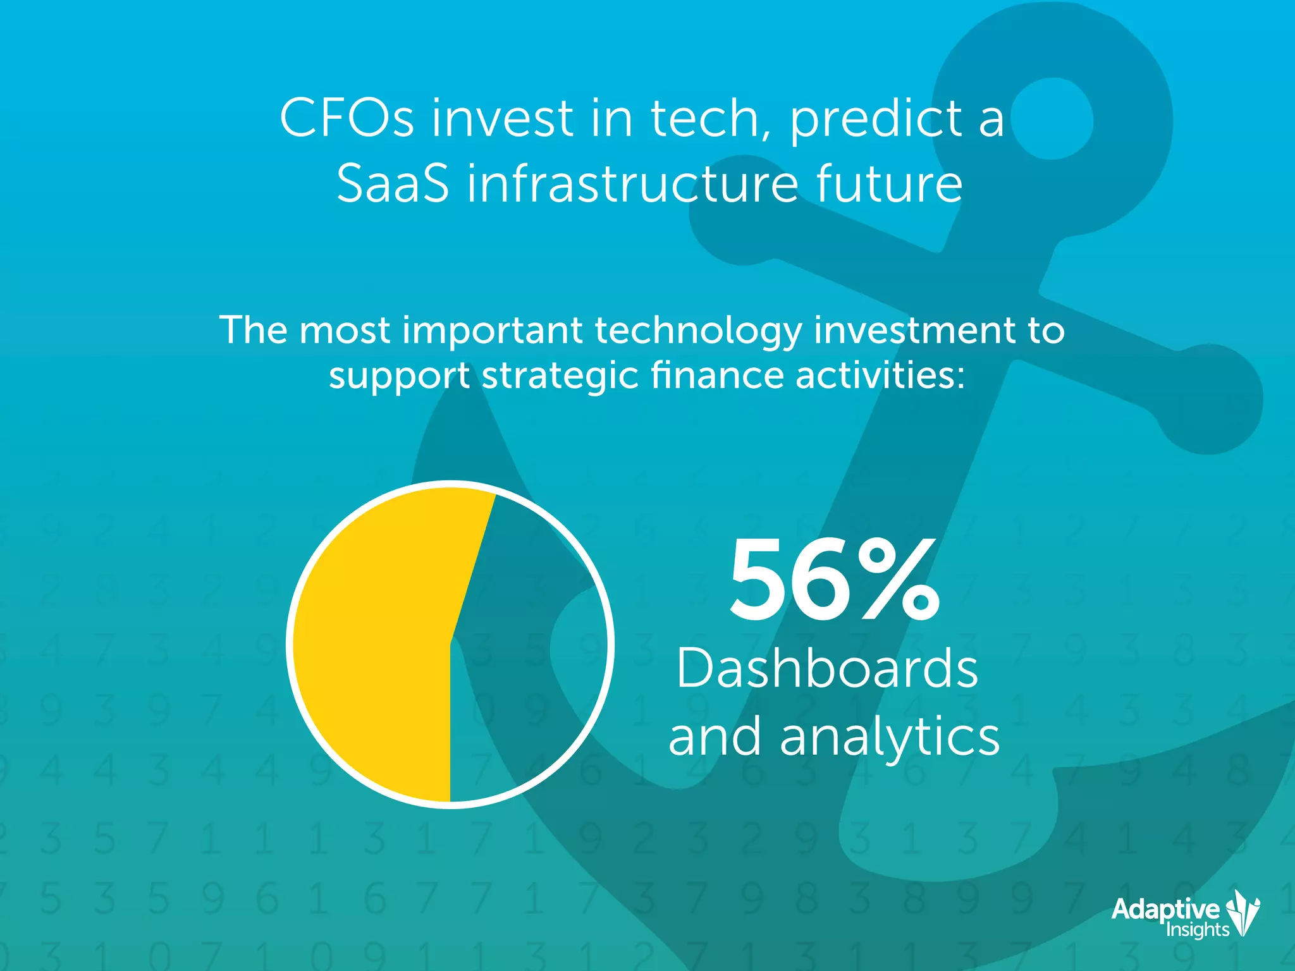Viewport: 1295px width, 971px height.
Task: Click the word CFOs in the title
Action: click(347, 118)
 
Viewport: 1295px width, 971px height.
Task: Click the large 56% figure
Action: click(833, 580)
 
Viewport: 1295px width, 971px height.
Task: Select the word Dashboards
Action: click(827, 669)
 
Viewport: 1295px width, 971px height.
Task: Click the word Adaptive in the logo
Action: click(1165, 909)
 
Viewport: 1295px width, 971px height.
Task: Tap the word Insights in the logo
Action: click(1197, 929)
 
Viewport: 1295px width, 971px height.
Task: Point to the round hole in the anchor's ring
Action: click(1051, 119)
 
